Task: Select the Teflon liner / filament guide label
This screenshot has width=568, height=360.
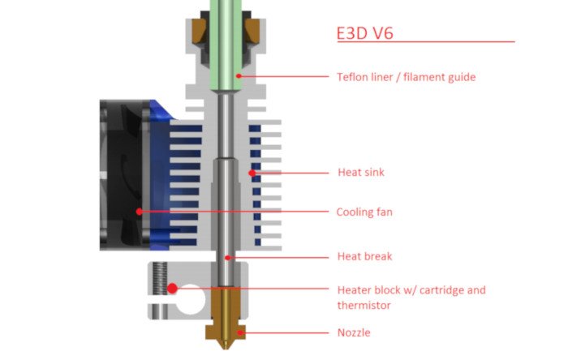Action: coord(406,77)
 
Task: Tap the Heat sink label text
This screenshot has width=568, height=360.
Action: coord(361,172)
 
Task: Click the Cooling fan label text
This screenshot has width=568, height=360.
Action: coord(364,212)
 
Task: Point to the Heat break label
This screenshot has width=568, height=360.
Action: coord(364,256)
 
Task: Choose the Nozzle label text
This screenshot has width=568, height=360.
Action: coord(355,332)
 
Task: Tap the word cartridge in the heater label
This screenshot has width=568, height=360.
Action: coord(437,289)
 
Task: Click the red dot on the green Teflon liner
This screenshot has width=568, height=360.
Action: coord(239,76)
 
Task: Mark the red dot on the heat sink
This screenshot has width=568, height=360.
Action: coord(252,173)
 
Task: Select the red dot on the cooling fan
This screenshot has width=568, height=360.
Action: coord(140,212)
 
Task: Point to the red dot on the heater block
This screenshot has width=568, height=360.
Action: coord(173,288)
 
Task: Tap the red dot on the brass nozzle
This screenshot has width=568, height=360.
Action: coord(239,332)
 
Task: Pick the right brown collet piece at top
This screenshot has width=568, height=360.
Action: coord(255,32)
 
